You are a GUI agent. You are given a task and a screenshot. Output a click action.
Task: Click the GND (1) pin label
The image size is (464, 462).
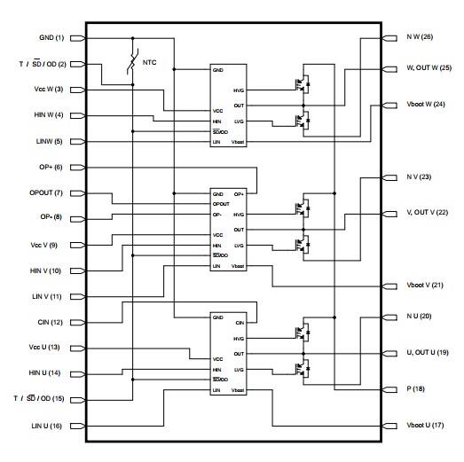point(52,38)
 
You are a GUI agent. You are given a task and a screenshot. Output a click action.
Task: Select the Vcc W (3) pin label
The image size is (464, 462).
point(47,90)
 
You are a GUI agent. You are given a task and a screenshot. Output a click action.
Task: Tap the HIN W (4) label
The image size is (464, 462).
point(47,115)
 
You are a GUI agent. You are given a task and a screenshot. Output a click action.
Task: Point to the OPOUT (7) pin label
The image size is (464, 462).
point(45,192)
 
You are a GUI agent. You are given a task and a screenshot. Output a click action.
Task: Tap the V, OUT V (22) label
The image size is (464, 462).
point(428,213)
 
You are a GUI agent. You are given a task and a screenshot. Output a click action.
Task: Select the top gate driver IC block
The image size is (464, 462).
point(228,105)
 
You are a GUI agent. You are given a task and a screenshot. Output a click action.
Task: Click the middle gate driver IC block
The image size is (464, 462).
point(228,229)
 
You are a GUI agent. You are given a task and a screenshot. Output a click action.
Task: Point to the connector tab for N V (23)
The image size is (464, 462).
point(388,178)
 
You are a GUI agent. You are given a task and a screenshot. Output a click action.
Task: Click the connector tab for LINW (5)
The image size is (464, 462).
point(77,141)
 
